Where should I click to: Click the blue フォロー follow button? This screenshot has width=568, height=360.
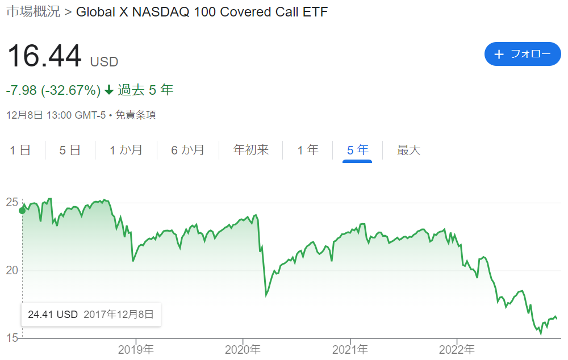coord(523,54)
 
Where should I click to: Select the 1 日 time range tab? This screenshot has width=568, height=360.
coord(20,150)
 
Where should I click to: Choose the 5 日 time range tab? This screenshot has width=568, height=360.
coord(70,150)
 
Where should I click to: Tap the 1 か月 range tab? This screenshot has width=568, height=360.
coord(126,150)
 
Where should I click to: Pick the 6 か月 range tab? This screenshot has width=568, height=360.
coord(187,150)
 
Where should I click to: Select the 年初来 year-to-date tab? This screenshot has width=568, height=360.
coord(251,150)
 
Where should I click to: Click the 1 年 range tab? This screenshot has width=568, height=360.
coord(308,150)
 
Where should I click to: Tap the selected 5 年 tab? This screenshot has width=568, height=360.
coord(357,150)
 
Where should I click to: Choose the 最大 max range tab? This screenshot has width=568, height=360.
coord(408,150)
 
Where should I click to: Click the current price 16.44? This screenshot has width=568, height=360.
coord(44,56)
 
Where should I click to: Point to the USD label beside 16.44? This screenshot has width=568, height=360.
coord(105,62)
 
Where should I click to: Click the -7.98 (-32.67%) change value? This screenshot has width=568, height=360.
coord(53,90)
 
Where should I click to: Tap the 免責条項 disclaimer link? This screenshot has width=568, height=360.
coord(136,115)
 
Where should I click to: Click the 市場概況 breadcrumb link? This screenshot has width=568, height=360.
coord(34,11)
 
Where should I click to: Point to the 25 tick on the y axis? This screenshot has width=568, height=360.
coord(12,202)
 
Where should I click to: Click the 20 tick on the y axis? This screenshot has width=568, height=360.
coord(12,270)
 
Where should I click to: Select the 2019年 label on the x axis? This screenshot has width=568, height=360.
coord(136,350)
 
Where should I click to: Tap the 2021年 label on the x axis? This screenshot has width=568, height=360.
coord(350,350)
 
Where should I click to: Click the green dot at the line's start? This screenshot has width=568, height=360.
coord(22,211)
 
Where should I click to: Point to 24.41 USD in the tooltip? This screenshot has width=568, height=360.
coord(53,315)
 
